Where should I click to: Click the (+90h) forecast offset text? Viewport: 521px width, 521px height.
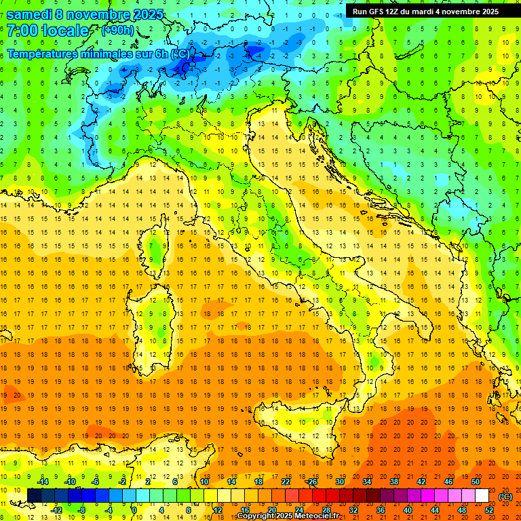pyautogui.click(x=117, y=31)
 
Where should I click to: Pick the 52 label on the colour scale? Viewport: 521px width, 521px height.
pyautogui.click(x=489, y=510)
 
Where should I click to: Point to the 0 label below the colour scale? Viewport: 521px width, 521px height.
pyautogui.click(x=134, y=510)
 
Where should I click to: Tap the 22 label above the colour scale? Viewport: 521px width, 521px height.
pyautogui.click(x=286, y=482)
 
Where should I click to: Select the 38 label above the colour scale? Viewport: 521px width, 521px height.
pyautogui.click(x=394, y=482)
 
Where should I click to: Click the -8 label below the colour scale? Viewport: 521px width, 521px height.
pyautogui.click(x=81, y=510)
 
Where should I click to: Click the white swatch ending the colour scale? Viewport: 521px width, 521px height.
pyautogui.click(x=482, y=496)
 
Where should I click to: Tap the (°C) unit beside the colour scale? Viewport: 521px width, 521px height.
pyautogui.click(x=505, y=497)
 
